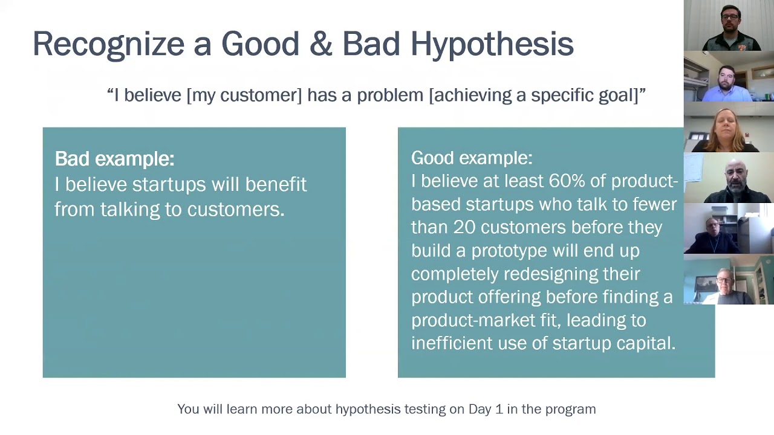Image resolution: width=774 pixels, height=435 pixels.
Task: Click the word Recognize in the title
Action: coord(109,45)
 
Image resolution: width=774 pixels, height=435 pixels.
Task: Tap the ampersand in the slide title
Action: coord(320,43)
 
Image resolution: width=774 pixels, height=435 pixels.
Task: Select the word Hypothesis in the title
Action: coord(492,45)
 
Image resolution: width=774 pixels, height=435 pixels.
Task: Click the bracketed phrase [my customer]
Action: coord(244,95)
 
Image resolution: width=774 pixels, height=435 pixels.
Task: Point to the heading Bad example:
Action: coord(115,159)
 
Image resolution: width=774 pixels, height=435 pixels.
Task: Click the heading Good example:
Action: coord(472,158)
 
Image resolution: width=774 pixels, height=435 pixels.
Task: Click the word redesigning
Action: coord(551,274)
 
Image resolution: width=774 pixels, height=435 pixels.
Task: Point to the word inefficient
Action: coord(452,343)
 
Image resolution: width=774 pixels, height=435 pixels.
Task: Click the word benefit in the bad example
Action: coord(276,184)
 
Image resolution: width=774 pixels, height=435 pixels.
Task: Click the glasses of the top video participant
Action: coord(730,16)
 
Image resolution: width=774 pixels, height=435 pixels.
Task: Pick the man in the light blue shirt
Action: coord(727,83)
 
